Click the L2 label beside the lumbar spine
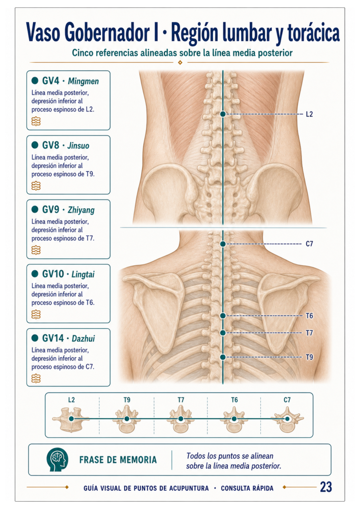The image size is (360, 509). click(309, 114)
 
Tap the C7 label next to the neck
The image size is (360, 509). click(309, 244)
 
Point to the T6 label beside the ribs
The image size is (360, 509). click(309, 315)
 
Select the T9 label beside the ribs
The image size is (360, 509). click(309, 357)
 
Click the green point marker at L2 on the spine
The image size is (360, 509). click(223, 114)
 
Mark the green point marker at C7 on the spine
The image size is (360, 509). click(223, 244)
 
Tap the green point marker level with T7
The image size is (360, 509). click(223, 333)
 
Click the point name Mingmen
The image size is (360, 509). click(84, 81)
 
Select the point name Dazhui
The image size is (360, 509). click(83, 339)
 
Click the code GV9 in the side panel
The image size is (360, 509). click(50, 209)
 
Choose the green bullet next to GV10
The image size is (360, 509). click(35, 274)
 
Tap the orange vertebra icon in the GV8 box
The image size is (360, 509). click(36, 186)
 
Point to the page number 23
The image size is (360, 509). click(326, 487)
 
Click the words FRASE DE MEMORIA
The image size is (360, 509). click(118, 460)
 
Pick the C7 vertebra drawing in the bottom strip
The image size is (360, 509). click(287, 420)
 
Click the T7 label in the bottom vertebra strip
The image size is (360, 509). click(181, 400)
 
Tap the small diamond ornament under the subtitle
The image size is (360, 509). click(180, 62)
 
